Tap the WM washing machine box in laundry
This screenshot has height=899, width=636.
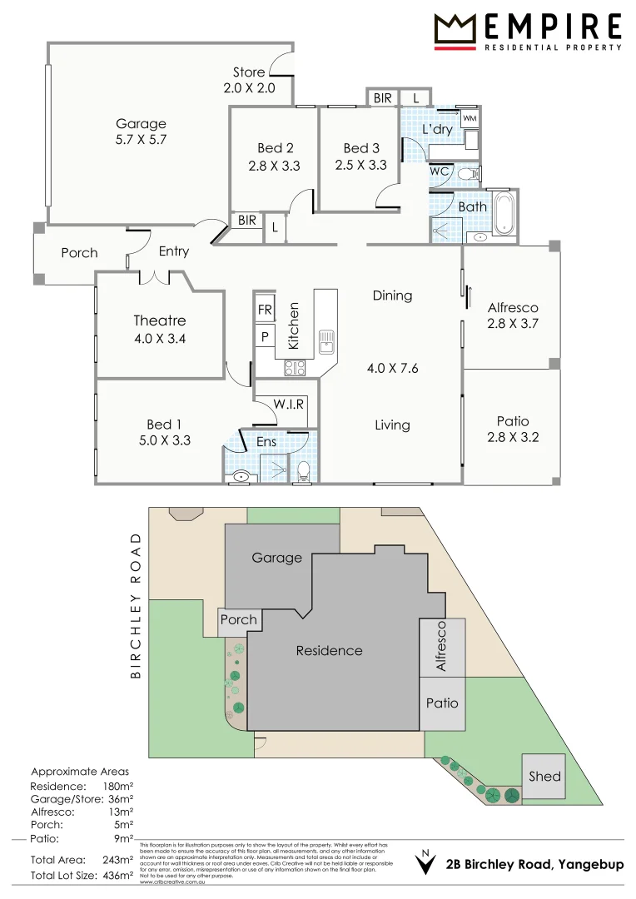pyautogui.click(x=470, y=119)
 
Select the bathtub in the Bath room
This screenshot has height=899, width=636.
pyautogui.click(x=504, y=213)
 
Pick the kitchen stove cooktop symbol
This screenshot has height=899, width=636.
pyautogui.click(x=296, y=367)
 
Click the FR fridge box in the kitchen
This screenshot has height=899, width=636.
pyautogui.click(x=265, y=310)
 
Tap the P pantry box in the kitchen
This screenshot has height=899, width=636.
pyautogui.click(x=265, y=337)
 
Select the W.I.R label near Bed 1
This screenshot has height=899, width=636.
pyautogui.click(x=289, y=404)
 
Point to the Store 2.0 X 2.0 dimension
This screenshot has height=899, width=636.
pyautogui.click(x=249, y=87)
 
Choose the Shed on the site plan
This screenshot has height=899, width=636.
pyautogui.click(x=544, y=776)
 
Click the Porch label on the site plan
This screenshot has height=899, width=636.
pyautogui.click(x=239, y=620)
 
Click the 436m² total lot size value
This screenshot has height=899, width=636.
pyautogui.click(x=117, y=876)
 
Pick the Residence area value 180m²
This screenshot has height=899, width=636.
pyautogui.click(x=117, y=786)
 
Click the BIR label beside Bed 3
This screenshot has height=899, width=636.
pyautogui.click(x=382, y=98)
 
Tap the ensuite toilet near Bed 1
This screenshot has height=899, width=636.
pyautogui.click(x=304, y=473)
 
